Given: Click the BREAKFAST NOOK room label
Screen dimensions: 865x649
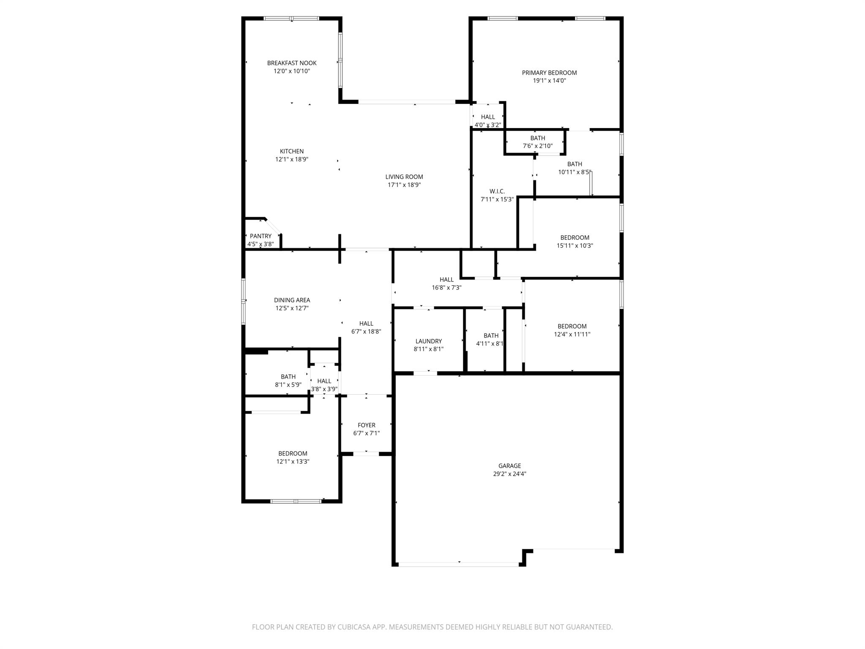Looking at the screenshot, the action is click(291, 63).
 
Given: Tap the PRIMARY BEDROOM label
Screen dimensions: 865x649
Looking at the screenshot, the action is click(549, 73).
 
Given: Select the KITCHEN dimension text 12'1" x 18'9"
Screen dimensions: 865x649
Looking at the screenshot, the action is click(292, 159).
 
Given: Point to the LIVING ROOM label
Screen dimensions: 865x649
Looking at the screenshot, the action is click(404, 177).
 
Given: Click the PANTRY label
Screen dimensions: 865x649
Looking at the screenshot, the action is click(261, 236).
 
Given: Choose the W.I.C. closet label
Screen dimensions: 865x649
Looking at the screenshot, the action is click(497, 191).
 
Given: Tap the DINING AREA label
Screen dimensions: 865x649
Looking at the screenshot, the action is click(292, 300).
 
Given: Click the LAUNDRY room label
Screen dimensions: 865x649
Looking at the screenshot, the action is click(429, 341).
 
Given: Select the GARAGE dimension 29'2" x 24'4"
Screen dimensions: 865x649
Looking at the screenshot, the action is click(510, 474).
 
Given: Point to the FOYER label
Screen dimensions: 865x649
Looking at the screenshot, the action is click(367, 425).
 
